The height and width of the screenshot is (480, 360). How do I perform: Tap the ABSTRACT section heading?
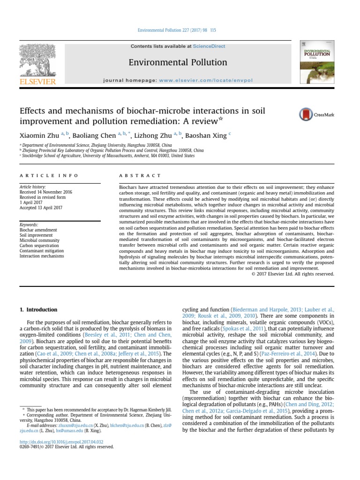[x=134, y=176]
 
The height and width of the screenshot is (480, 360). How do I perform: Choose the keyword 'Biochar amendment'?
[x=38, y=231]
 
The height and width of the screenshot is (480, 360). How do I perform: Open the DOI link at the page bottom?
[x=61, y=442]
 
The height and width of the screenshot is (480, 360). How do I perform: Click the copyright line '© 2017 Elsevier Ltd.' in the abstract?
[x=293, y=274]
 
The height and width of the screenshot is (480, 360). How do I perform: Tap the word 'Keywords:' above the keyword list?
[x=29, y=225]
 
